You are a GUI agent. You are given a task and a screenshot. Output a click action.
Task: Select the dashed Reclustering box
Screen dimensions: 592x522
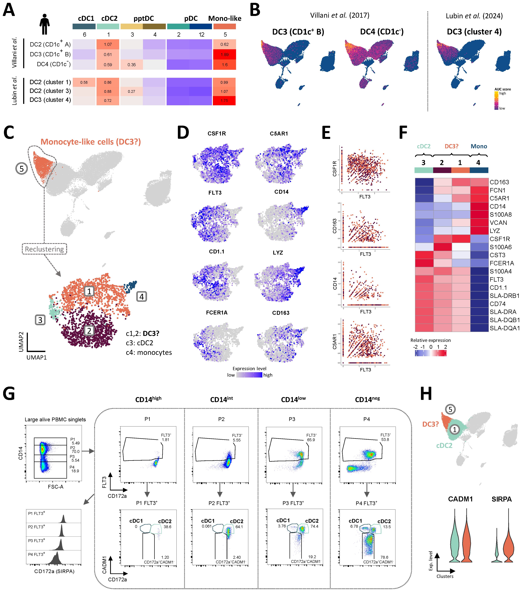[x=44, y=249]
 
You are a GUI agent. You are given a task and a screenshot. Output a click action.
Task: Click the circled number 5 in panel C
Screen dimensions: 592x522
[x=21, y=168]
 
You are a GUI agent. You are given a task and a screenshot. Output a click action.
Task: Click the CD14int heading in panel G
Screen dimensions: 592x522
[x=222, y=399]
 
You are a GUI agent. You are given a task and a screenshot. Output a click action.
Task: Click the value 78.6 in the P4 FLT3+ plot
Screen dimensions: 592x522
[x=384, y=557]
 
